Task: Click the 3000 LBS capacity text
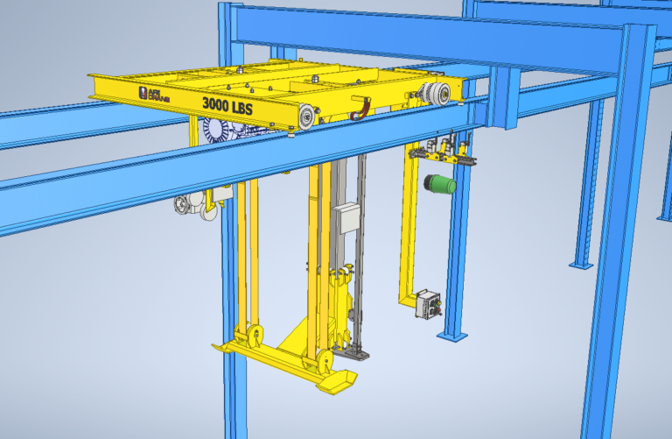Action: [228, 104]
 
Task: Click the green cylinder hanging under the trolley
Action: [437, 184]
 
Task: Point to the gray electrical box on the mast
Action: [348, 218]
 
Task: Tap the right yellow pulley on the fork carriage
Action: [321, 359]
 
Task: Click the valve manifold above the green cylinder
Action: [442, 152]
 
